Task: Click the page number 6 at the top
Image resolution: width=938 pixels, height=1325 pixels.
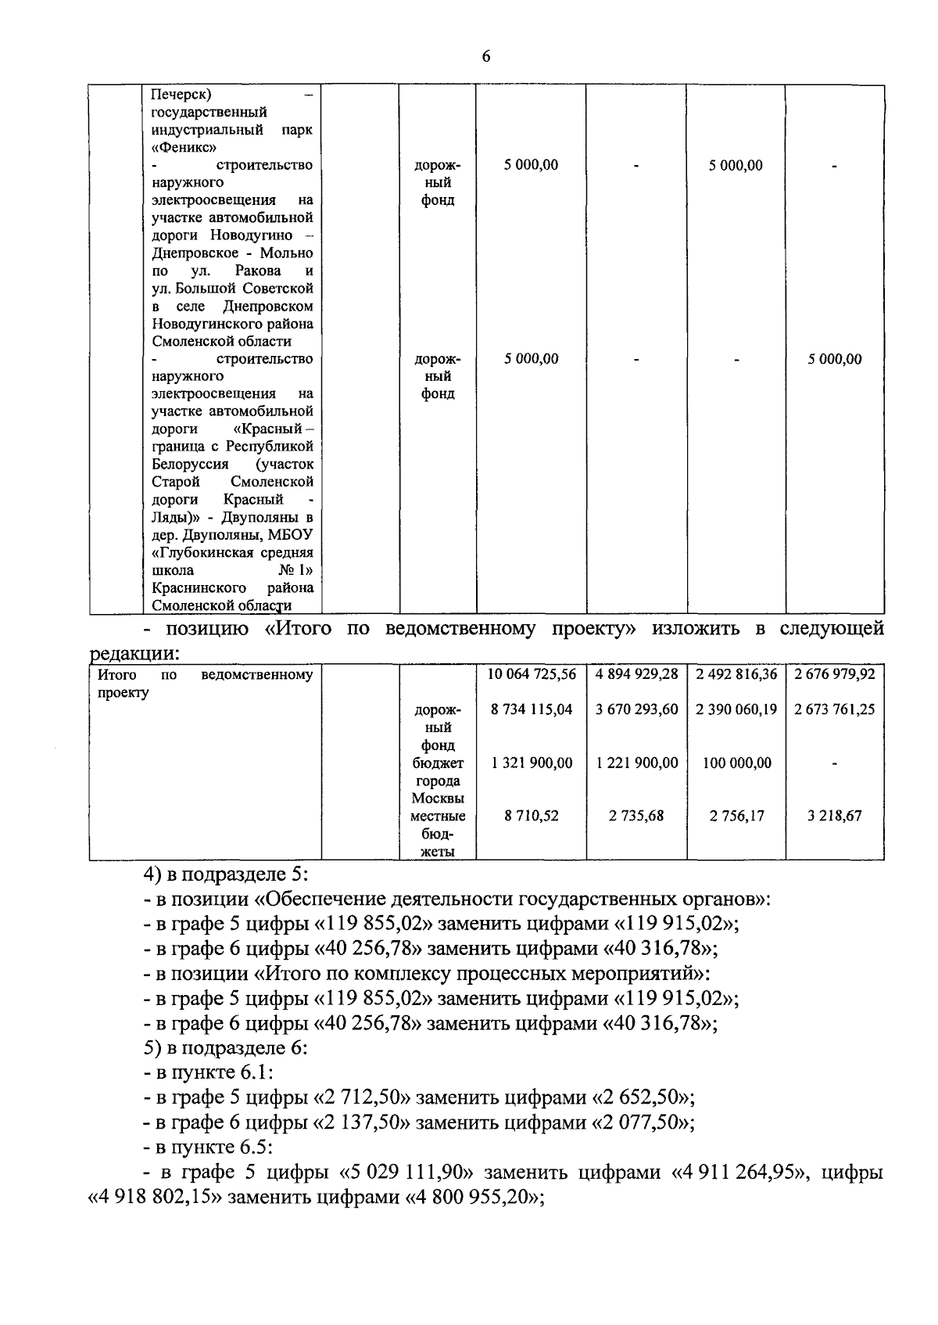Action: (486, 56)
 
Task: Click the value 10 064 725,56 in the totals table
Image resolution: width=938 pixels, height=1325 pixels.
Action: (532, 674)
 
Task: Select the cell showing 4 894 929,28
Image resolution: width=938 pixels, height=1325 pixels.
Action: (636, 674)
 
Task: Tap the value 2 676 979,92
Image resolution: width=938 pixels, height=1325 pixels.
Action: (834, 674)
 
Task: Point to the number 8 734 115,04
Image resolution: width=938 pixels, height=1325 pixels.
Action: (532, 709)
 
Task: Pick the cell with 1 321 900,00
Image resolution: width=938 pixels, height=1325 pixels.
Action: (532, 763)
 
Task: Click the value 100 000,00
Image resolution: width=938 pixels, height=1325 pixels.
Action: (736, 763)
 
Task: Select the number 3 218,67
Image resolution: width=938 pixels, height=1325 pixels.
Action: (834, 816)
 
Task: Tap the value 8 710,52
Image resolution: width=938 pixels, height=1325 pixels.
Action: (532, 816)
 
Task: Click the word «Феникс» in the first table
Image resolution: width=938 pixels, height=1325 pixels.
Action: (184, 147)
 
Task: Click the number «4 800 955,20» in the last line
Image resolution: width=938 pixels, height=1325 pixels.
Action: (473, 1198)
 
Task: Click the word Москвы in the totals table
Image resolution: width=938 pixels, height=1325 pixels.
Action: (438, 799)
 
